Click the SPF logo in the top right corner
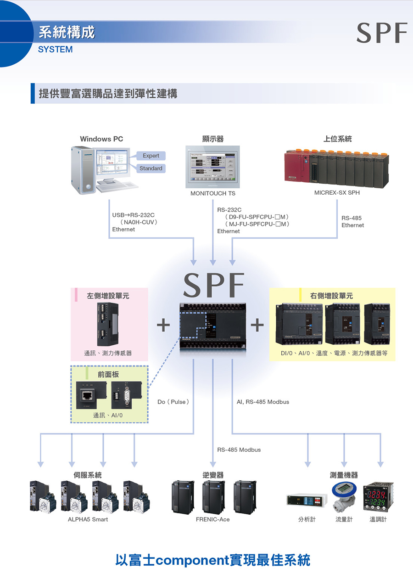click(x=382, y=33)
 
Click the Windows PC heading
click(x=101, y=139)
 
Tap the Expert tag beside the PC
click(x=151, y=156)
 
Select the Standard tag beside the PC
click(x=151, y=169)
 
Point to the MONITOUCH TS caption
click(x=213, y=193)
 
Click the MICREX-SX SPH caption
click(x=337, y=193)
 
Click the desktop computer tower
click(x=83, y=170)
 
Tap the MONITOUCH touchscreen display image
click(x=212, y=166)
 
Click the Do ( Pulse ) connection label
click(x=173, y=402)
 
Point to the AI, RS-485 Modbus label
click(x=263, y=402)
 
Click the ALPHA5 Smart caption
click(x=88, y=519)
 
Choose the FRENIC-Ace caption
click(x=212, y=519)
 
